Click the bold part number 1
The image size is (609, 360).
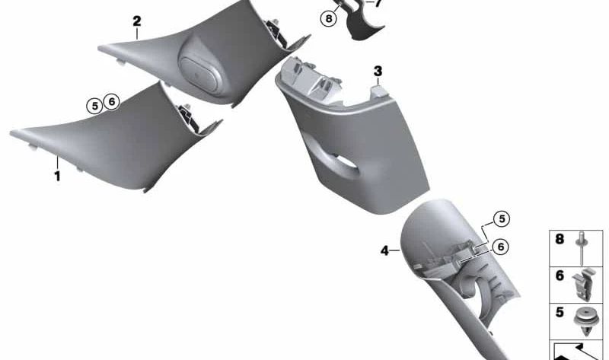coord(58,177)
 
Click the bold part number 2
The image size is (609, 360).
coord(137,21)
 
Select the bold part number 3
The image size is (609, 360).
coord(378,72)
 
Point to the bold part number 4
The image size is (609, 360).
coord(384,251)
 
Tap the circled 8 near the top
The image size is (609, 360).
coord(329,18)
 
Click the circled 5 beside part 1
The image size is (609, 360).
coord(94,106)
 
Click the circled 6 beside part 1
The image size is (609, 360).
coord(111,102)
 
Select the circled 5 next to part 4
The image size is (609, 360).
coord(502,219)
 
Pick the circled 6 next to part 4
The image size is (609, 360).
coord(500,247)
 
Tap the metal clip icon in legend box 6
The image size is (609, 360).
coord(582,285)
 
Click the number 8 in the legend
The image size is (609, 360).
coord(560,239)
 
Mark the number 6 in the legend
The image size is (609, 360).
coord(560,276)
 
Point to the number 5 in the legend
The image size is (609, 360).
coord(560,312)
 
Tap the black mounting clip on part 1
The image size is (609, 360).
coord(188,118)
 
